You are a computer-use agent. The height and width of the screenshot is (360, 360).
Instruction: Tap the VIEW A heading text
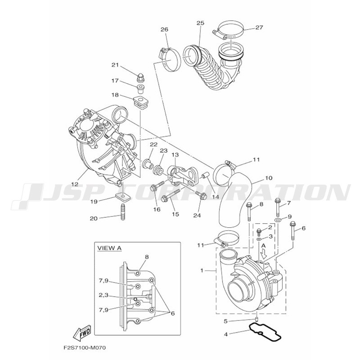click(x=109, y=248)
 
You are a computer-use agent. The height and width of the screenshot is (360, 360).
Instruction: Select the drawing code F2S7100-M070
click(x=85, y=348)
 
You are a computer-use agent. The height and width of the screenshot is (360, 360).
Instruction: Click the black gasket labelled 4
click(x=265, y=332)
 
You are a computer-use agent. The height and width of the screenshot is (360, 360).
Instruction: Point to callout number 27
click(x=259, y=27)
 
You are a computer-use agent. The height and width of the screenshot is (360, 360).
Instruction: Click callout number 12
click(x=75, y=184)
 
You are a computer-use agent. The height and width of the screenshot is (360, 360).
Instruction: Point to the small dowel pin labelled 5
click(x=257, y=319)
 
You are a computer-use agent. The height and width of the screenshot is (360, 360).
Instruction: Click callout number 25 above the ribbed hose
click(x=200, y=23)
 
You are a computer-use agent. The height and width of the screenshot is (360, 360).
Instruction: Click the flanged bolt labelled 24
click(x=201, y=195)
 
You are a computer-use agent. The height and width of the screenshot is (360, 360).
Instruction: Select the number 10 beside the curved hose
click(x=268, y=178)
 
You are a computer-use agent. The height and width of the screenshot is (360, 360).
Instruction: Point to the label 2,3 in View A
click(x=103, y=295)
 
